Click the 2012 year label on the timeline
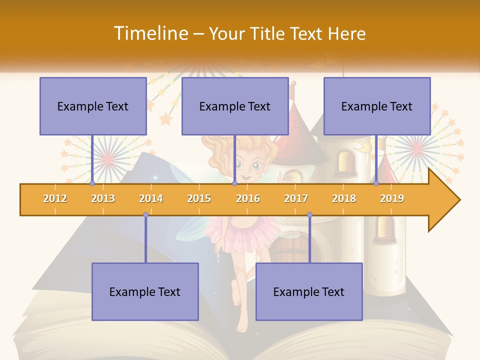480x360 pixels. [55, 198]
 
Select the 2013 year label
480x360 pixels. [103, 198]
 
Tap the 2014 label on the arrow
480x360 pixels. [151, 198]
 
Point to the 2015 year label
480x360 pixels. [199, 198]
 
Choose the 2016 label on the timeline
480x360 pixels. [248, 198]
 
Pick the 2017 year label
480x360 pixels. [296, 198]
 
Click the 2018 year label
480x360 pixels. [344, 198]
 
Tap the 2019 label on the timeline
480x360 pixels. [392, 198]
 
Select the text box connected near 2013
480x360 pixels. [93, 106]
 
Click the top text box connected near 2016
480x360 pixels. [235, 106]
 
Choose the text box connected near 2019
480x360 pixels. [377, 106]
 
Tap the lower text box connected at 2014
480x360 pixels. [145, 291]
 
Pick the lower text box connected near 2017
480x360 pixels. [309, 291]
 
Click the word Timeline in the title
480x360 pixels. [150, 33]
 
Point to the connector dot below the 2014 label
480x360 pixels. [145, 214]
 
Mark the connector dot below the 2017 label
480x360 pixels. [309, 214]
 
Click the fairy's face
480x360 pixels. [248, 165]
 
